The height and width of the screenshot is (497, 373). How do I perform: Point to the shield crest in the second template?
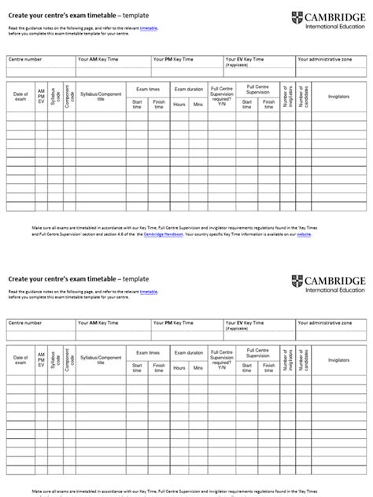pos(296,282)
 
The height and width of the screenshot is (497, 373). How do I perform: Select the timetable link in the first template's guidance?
pos(149,27)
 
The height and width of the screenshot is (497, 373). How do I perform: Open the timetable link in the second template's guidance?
pos(149,291)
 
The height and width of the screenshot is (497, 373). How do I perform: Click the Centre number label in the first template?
pos(24,59)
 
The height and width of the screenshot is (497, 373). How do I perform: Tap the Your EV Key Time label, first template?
pos(245,59)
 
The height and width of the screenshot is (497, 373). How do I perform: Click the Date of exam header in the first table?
pos(20,97)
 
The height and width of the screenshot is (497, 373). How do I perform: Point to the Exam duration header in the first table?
pos(188,89)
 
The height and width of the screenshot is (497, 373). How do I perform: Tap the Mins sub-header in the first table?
pos(197,104)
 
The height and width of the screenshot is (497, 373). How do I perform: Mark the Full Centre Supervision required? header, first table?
pos(222,96)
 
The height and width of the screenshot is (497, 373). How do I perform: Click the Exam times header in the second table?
pos(148,353)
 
